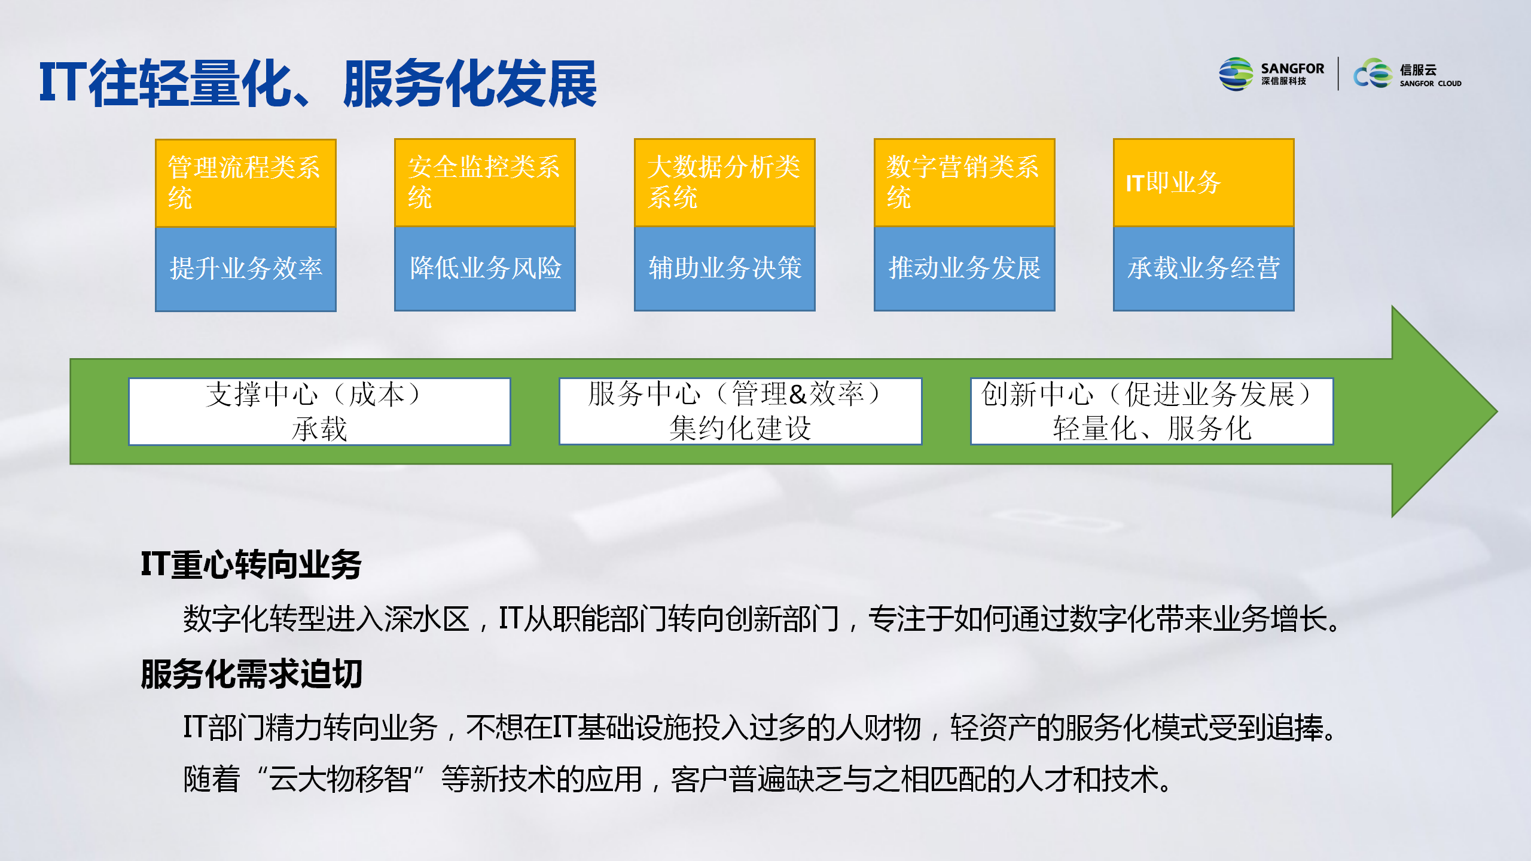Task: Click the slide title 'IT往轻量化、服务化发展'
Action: (x=318, y=84)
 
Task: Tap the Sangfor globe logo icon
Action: (x=1236, y=74)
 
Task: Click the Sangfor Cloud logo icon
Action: (x=1373, y=74)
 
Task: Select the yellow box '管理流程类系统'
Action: (x=246, y=183)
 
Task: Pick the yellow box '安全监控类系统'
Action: (x=485, y=183)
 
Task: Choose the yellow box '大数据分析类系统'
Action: (x=725, y=183)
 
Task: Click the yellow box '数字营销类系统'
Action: (x=965, y=183)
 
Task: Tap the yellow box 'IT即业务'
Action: (x=1204, y=183)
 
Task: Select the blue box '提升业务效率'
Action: (x=246, y=269)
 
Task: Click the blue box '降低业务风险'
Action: (x=485, y=269)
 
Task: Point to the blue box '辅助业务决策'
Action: (x=725, y=269)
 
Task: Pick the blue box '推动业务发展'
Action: (x=965, y=269)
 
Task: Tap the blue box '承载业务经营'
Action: (x=1204, y=269)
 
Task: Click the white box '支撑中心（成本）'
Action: (x=320, y=411)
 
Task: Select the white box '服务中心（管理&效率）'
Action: (x=740, y=411)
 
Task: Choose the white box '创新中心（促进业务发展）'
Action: (x=1152, y=411)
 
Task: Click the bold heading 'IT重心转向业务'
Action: (x=251, y=564)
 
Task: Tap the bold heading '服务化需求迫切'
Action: (x=252, y=674)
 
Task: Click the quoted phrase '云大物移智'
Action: (x=340, y=779)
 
